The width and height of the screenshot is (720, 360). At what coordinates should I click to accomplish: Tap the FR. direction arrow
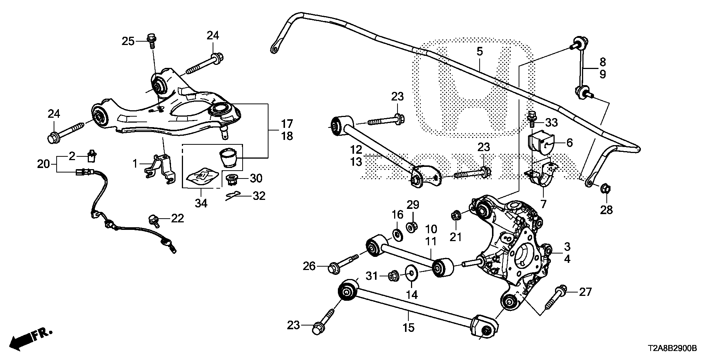click(30, 339)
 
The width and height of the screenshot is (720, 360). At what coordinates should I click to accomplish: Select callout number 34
click(201, 203)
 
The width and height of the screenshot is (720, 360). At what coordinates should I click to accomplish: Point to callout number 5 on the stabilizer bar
click(480, 51)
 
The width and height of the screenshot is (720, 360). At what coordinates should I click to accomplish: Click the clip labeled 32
click(233, 195)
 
